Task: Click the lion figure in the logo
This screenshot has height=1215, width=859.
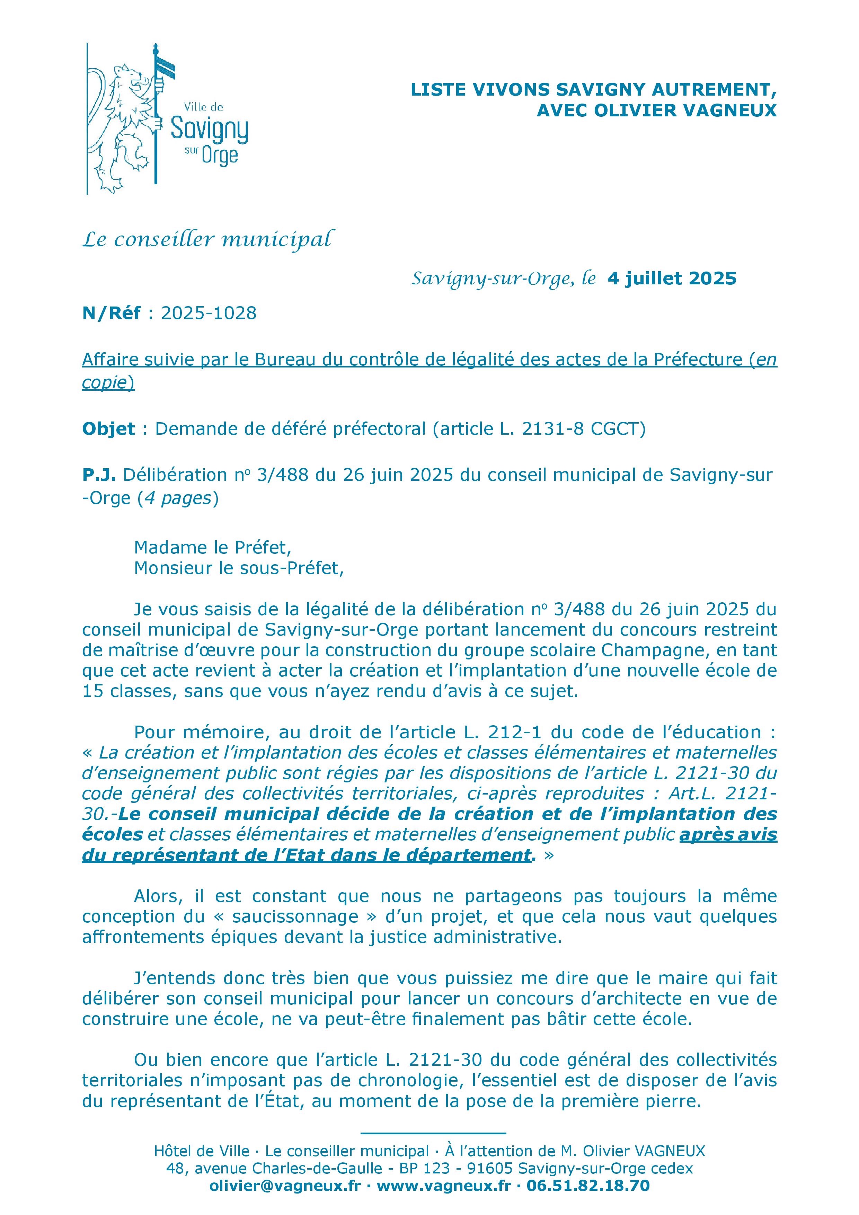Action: [124, 124]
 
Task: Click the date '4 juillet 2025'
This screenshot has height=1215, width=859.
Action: [672, 278]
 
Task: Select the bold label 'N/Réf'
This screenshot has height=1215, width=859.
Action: [111, 313]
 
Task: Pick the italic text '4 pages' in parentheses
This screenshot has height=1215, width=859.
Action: [177, 498]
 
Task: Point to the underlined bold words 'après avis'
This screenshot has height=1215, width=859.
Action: [728, 834]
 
